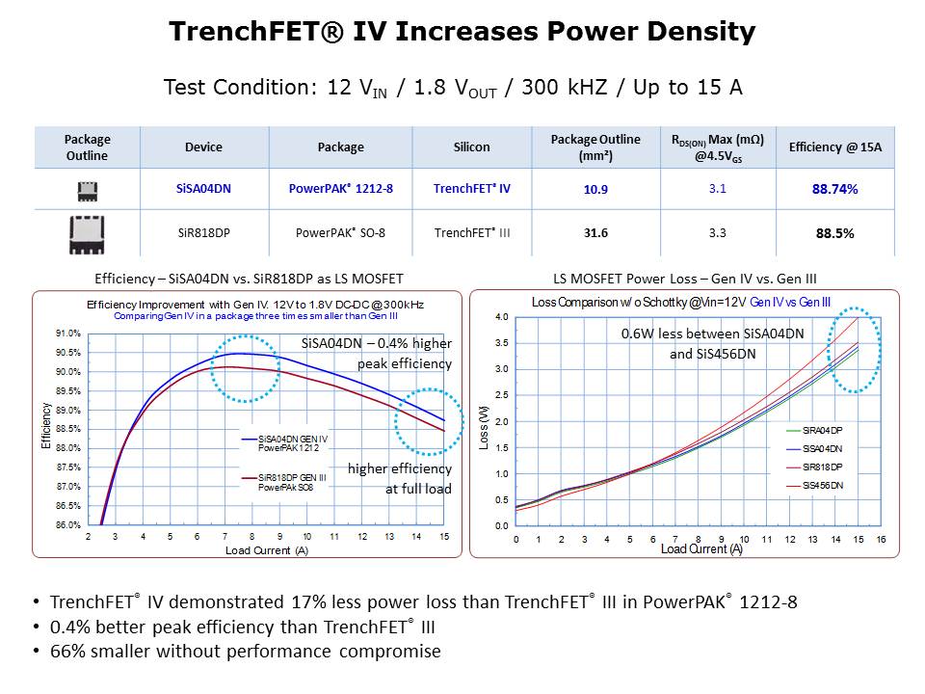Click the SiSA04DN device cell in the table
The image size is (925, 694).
pyautogui.click(x=203, y=189)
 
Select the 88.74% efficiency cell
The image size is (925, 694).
pyautogui.click(x=834, y=189)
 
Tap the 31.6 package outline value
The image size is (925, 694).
pyautogui.click(x=595, y=232)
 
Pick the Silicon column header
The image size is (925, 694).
pyautogui.click(x=472, y=147)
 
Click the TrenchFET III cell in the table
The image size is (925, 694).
pyautogui.click(x=472, y=232)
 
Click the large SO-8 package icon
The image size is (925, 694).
pyautogui.click(x=87, y=234)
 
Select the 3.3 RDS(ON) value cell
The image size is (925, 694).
pyautogui.click(x=717, y=232)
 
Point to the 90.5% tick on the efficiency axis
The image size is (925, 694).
pyautogui.click(x=66, y=353)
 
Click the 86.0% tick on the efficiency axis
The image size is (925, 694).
pyautogui.click(x=66, y=525)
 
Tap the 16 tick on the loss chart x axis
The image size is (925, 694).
pyautogui.click(x=881, y=539)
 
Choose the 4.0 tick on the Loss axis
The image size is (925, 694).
pyautogui.click(x=501, y=317)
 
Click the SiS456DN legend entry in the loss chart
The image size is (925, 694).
pyautogui.click(x=823, y=485)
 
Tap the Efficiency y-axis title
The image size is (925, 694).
pyautogui.click(x=45, y=425)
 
